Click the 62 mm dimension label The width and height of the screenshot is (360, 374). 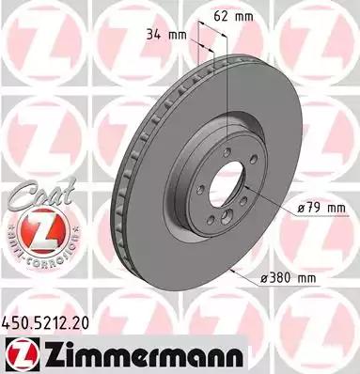point(246,16)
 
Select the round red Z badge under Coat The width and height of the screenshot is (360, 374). point(34,226)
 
